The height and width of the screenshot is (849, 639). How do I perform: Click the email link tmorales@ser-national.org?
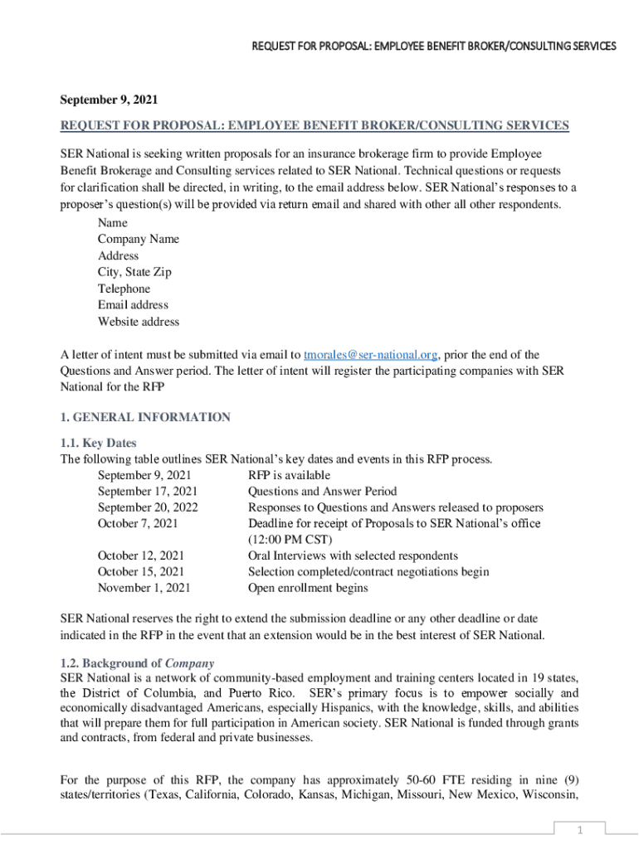tap(371, 355)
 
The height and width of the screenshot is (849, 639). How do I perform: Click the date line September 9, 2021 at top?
tap(109, 99)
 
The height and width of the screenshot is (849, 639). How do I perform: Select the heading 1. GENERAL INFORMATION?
tap(145, 417)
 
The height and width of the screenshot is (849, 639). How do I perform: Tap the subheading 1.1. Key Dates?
tap(99, 443)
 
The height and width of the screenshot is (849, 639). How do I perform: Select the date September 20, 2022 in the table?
tap(148, 507)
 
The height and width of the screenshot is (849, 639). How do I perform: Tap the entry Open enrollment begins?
tap(308, 588)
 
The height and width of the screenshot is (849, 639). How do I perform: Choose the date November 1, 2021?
tap(144, 588)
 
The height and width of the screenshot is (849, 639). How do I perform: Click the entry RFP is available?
tap(289, 475)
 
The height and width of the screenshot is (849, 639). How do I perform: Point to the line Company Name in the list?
tap(138, 239)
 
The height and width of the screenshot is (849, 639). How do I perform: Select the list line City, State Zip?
tap(134, 272)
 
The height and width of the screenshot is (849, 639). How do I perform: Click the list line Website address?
tap(138, 322)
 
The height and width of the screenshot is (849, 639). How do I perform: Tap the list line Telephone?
tap(124, 289)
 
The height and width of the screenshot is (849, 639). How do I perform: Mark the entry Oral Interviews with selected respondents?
tap(353, 555)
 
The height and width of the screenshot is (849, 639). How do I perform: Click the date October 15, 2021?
tap(141, 572)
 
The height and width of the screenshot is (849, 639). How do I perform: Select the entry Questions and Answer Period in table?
tap(322, 492)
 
